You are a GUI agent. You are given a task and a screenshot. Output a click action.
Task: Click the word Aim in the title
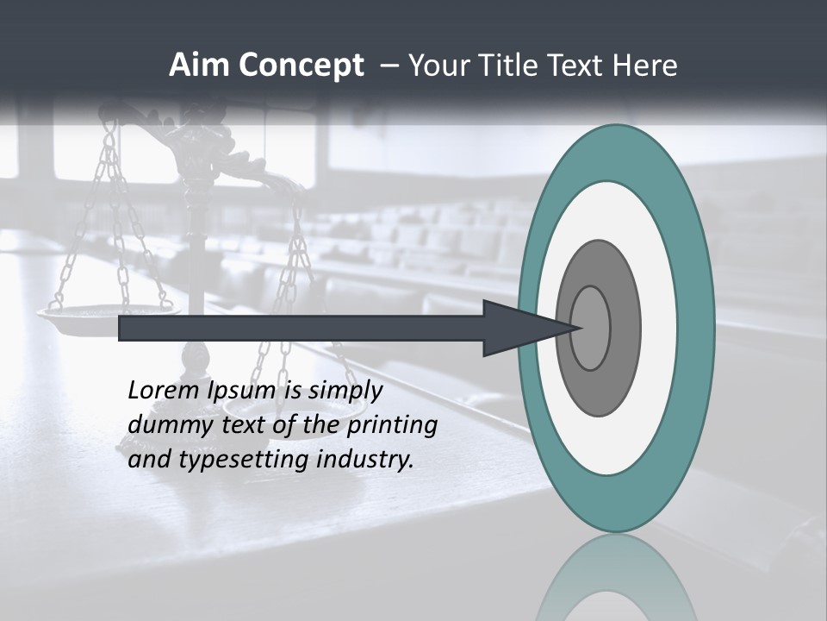(x=198, y=66)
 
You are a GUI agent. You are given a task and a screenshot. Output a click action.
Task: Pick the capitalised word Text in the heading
(x=575, y=66)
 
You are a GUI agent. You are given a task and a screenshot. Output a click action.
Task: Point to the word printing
(x=391, y=425)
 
